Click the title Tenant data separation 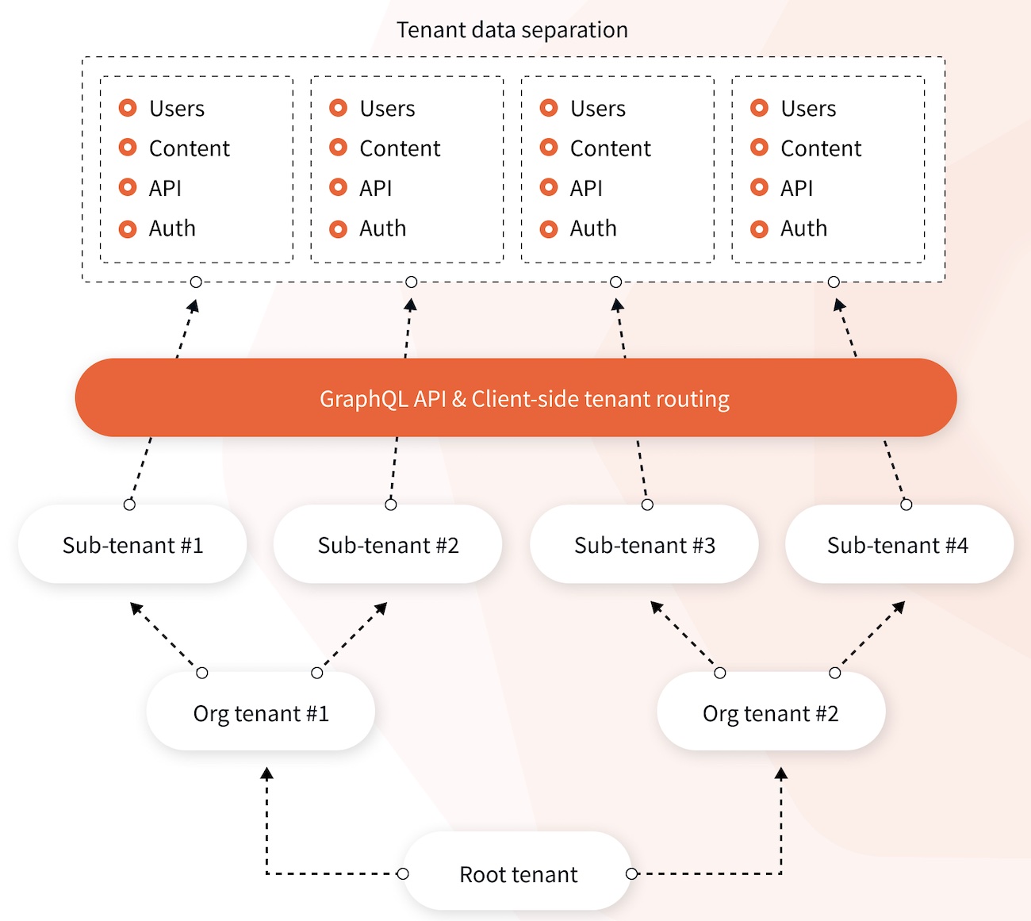pyautogui.click(x=512, y=30)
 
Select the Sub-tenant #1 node pyautogui.click(x=132, y=545)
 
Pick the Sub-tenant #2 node pyautogui.click(x=388, y=545)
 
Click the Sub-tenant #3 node pyautogui.click(x=644, y=545)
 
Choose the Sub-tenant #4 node pyautogui.click(x=898, y=545)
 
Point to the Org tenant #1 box pyautogui.click(x=261, y=713)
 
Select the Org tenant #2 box pyautogui.click(x=770, y=713)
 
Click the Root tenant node pyautogui.click(x=518, y=873)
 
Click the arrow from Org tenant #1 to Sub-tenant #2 pyautogui.click(x=352, y=637)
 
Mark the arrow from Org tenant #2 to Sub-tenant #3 pyautogui.click(x=684, y=636)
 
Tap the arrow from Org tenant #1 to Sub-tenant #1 pyautogui.click(x=166, y=637)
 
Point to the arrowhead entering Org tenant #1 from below pyautogui.click(x=267, y=773)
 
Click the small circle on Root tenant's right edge pyautogui.click(x=631, y=873)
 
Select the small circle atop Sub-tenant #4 pyautogui.click(x=906, y=505)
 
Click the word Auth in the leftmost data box pyautogui.click(x=172, y=228)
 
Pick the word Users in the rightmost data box pyautogui.click(x=808, y=109)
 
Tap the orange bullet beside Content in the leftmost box pyautogui.click(x=128, y=148)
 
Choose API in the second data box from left pyautogui.click(x=375, y=188)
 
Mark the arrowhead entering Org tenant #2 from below pyautogui.click(x=781, y=773)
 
